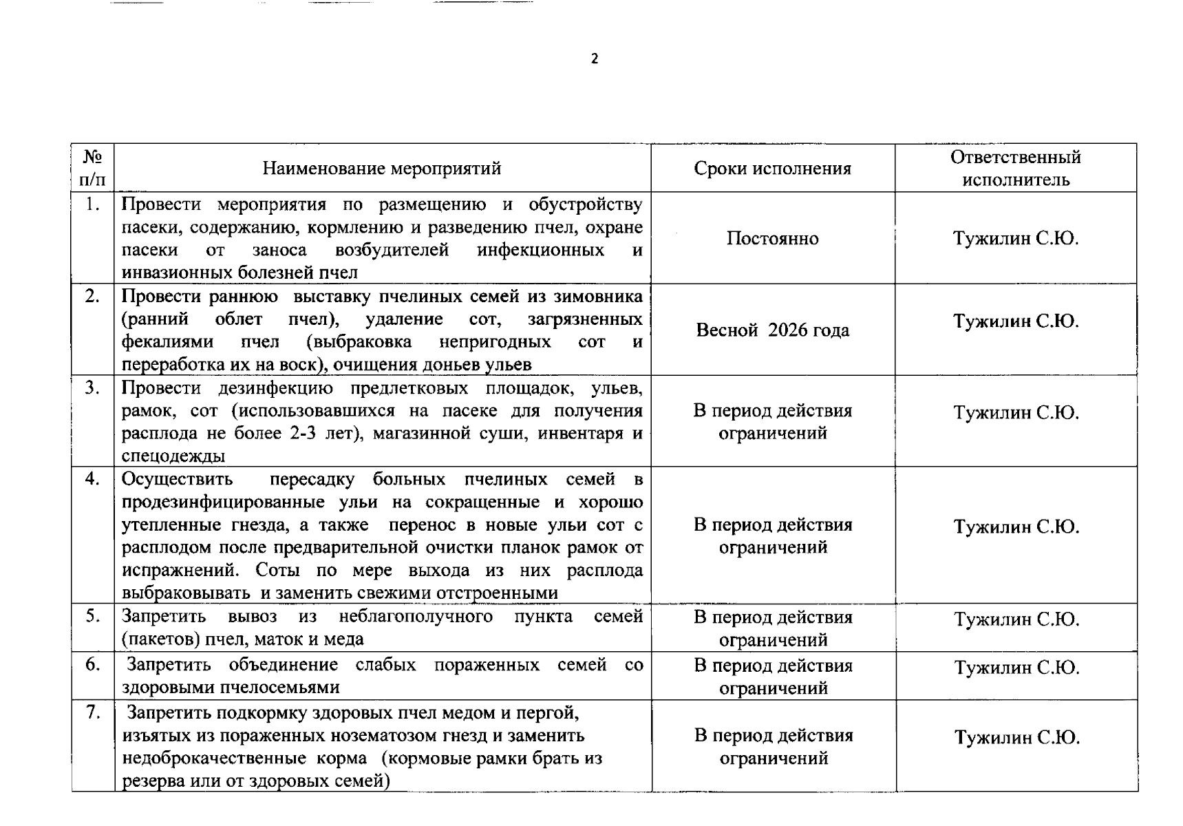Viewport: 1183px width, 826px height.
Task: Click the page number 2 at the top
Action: point(595,59)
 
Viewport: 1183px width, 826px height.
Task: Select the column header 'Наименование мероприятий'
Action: point(382,168)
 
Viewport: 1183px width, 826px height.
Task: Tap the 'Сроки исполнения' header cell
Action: point(772,168)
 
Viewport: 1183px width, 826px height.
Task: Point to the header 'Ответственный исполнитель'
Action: point(1015,168)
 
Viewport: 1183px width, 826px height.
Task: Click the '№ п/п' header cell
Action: point(92,168)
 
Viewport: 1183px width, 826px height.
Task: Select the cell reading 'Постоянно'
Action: point(772,238)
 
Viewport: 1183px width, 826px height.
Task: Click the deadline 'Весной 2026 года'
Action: point(772,330)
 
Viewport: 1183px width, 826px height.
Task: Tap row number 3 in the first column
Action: point(92,388)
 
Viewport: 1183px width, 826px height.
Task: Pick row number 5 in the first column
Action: point(92,615)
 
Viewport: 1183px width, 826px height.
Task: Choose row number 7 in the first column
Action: point(92,712)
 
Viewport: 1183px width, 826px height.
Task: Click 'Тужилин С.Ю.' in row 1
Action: point(1015,238)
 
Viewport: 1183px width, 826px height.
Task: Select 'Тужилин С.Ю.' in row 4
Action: point(1016,527)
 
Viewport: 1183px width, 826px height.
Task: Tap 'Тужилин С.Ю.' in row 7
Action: point(1016,737)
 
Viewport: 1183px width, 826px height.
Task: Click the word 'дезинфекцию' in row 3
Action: point(275,388)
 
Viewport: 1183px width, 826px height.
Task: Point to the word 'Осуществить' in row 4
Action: point(177,478)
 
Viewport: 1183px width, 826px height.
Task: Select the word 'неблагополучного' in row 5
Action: point(415,616)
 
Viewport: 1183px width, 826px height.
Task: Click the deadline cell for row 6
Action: point(773,676)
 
